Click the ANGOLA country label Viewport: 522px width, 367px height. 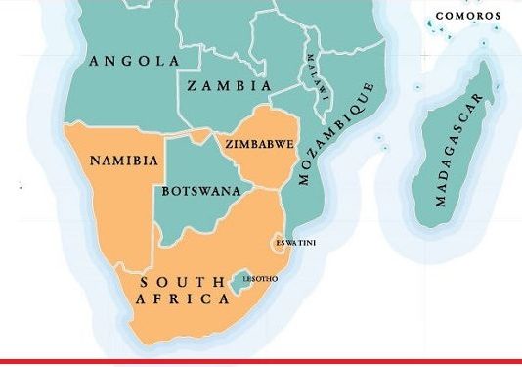click(x=134, y=62)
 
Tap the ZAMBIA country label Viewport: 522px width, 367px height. click(x=229, y=86)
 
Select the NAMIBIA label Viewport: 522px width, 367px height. click(x=123, y=161)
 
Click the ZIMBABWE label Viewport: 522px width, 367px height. click(x=259, y=144)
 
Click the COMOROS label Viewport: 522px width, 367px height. click(x=467, y=16)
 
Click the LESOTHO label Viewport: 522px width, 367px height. click(x=260, y=279)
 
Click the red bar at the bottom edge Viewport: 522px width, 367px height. click(x=261, y=362)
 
